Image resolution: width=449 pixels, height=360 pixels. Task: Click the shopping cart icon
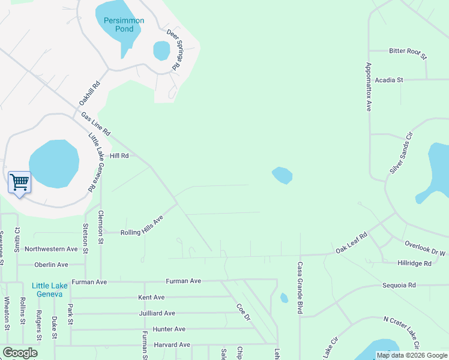pyautogui.click(x=19, y=182)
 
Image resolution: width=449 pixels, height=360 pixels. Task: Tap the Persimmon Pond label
pyautogui.click(x=124, y=25)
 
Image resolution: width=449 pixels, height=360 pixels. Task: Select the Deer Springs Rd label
pyautogui.click(x=173, y=50)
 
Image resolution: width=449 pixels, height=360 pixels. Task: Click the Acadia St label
pyautogui.click(x=390, y=80)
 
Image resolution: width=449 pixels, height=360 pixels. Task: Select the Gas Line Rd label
pyautogui.click(x=96, y=123)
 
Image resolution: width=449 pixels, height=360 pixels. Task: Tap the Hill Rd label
pyautogui.click(x=119, y=156)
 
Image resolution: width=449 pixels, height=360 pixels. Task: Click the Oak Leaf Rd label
pyautogui.click(x=351, y=244)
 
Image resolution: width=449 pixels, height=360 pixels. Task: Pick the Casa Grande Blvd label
pyautogui.click(x=299, y=288)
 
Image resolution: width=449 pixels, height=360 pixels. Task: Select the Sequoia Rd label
pyautogui.click(x=399, y=286)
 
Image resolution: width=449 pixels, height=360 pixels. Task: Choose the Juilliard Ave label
pyautogui.click(x=157, y=313)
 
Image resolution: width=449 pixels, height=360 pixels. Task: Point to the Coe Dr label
pyautogui.click(x=243, y=312)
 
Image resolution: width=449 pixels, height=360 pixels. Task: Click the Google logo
pyautogui.click(x=20, y=353)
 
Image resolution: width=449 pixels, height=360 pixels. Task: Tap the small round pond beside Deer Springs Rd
pyautogui.click(x=161, y=50)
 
